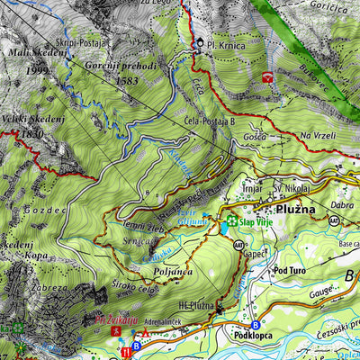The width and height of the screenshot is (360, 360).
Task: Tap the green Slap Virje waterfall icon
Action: tap(232, 220)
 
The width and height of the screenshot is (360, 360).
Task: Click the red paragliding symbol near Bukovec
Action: tap(267, 77)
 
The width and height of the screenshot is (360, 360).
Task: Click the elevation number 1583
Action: tap(130, 81)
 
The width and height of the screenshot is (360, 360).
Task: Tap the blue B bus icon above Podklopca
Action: tap(255, 324)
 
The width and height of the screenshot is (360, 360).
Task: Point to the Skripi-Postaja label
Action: tap(86, 42)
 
